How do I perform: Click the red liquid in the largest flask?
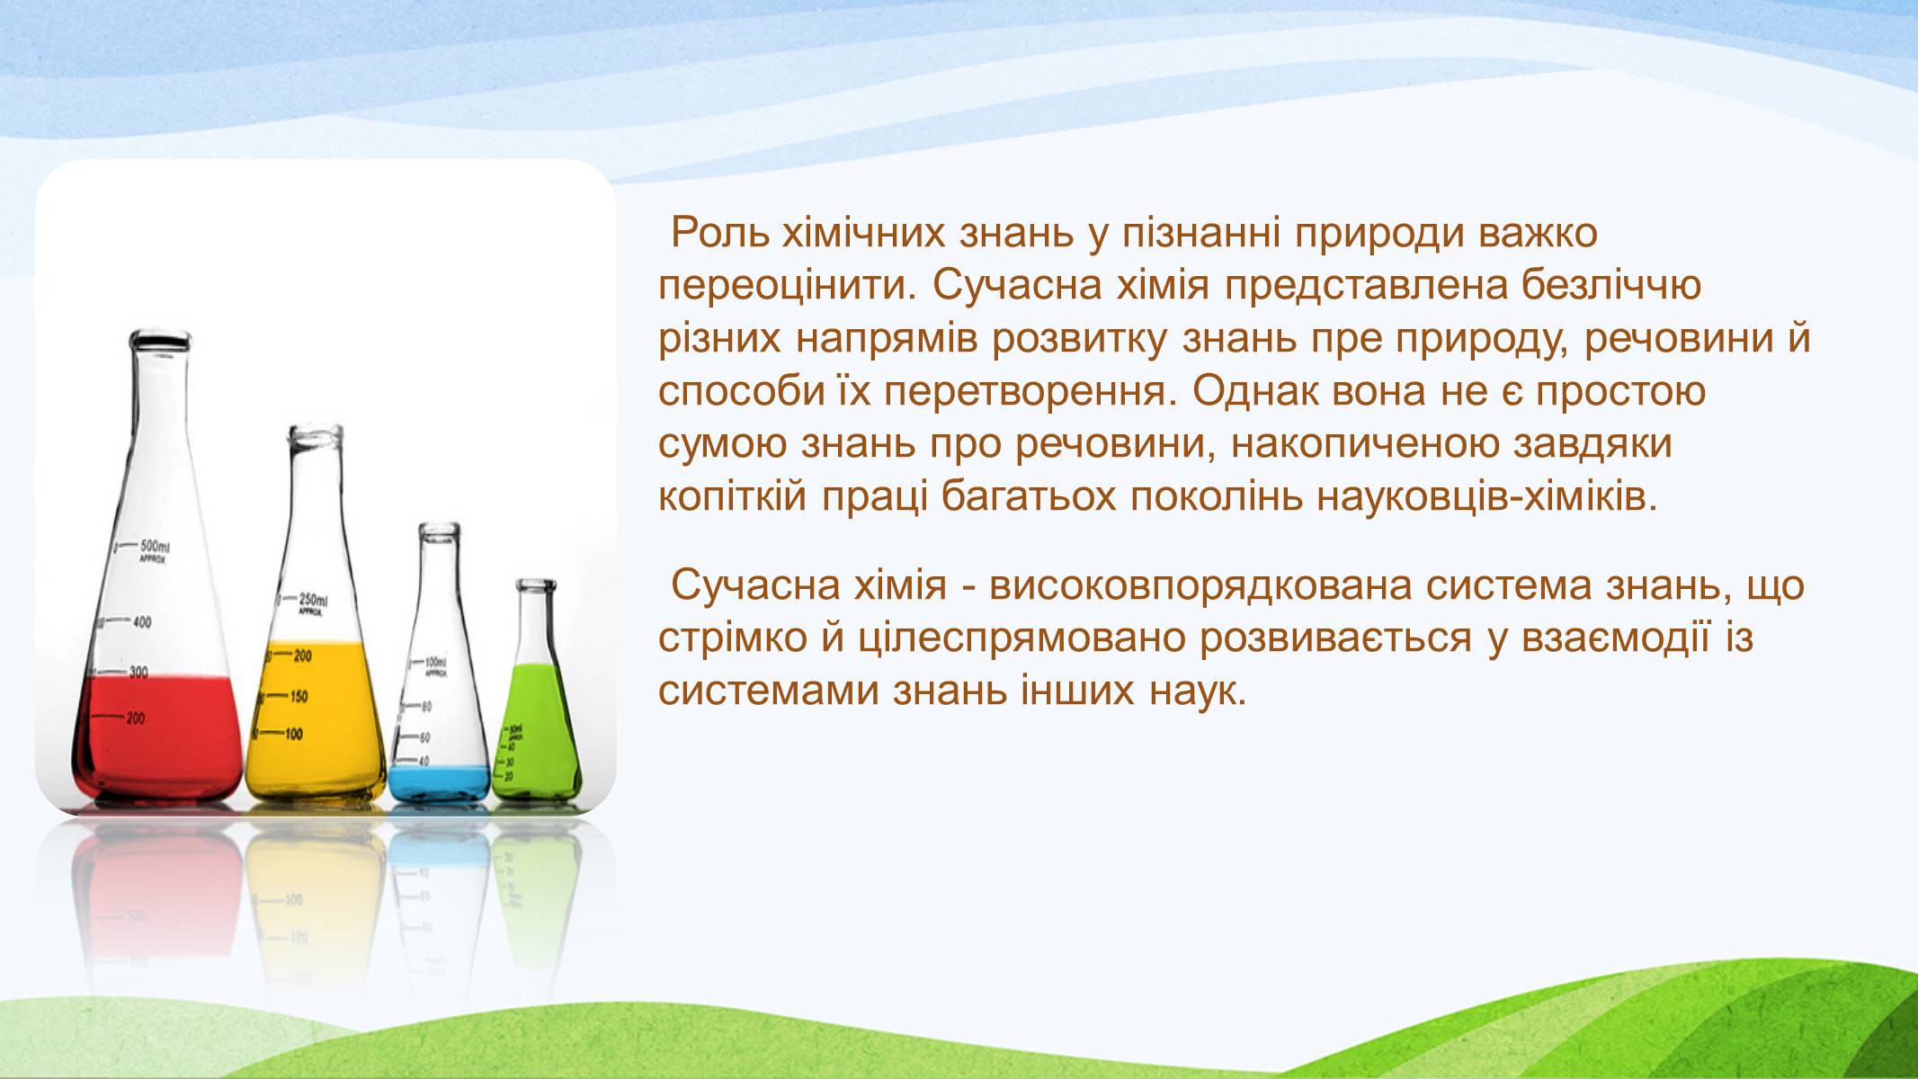click(157, 733)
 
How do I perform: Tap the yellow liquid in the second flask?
click(317, 719)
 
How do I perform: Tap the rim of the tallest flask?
click(160, 340)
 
